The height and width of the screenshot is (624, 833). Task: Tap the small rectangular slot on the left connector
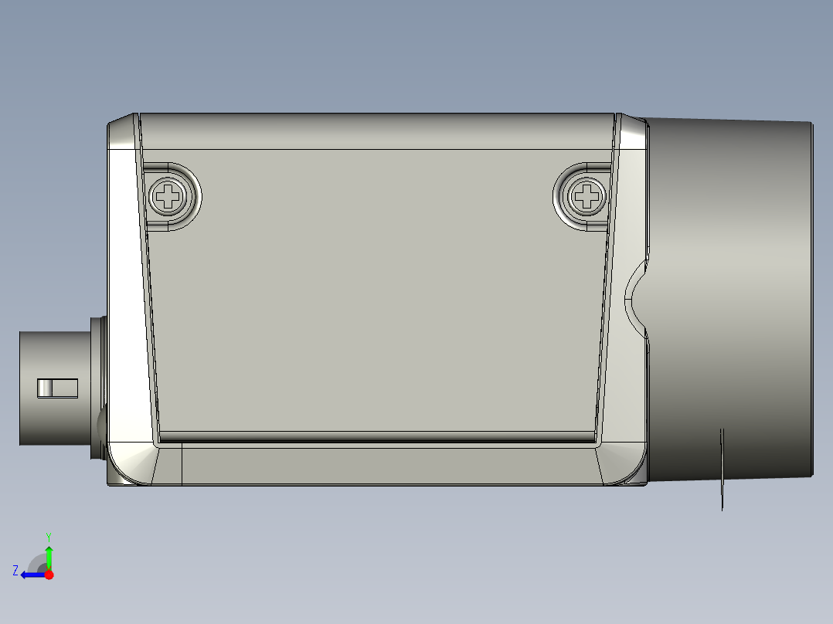click(x=58, y=388)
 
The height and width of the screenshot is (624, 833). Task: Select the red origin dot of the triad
click(x=49, y=575)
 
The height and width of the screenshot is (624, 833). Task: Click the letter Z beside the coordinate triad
click(x=15, y=570)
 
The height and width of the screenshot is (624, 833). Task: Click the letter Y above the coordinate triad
click(x=48, y=536)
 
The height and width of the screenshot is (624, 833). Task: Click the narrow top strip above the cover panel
click(x=379, y=131)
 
